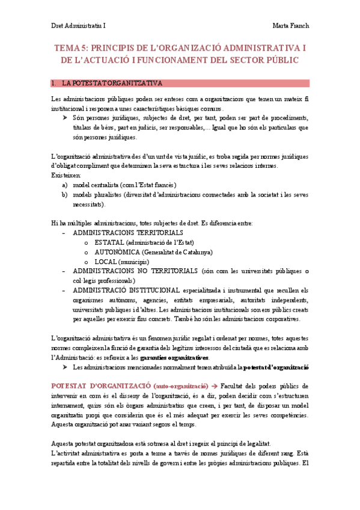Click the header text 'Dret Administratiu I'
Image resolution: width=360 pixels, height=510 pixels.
coord(78,26)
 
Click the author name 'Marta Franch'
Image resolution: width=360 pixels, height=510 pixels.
coord(290,26)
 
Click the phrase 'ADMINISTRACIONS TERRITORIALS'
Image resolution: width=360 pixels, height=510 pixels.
coord(128,232)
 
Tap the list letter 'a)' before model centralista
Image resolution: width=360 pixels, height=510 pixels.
coord(64,185)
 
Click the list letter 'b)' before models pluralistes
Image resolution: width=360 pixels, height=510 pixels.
coord(64,194)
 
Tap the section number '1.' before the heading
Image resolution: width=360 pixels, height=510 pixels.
coord(54,83)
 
